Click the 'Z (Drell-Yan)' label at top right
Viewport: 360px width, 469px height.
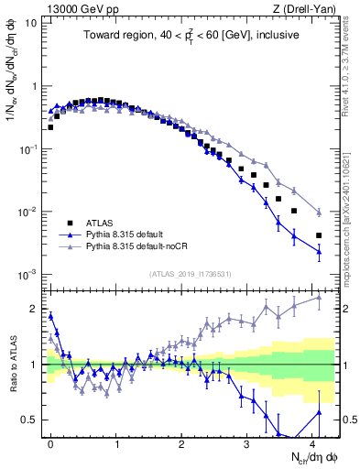point(308,7)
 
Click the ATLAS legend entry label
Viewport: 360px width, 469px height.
point(102,223)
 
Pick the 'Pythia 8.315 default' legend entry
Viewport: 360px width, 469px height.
point(134,234)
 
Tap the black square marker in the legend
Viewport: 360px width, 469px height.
point(70,223)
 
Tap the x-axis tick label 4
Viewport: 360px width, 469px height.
point(312,442)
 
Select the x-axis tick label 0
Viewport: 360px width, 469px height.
point(50,442)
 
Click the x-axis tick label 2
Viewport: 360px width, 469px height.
point(181,442)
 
